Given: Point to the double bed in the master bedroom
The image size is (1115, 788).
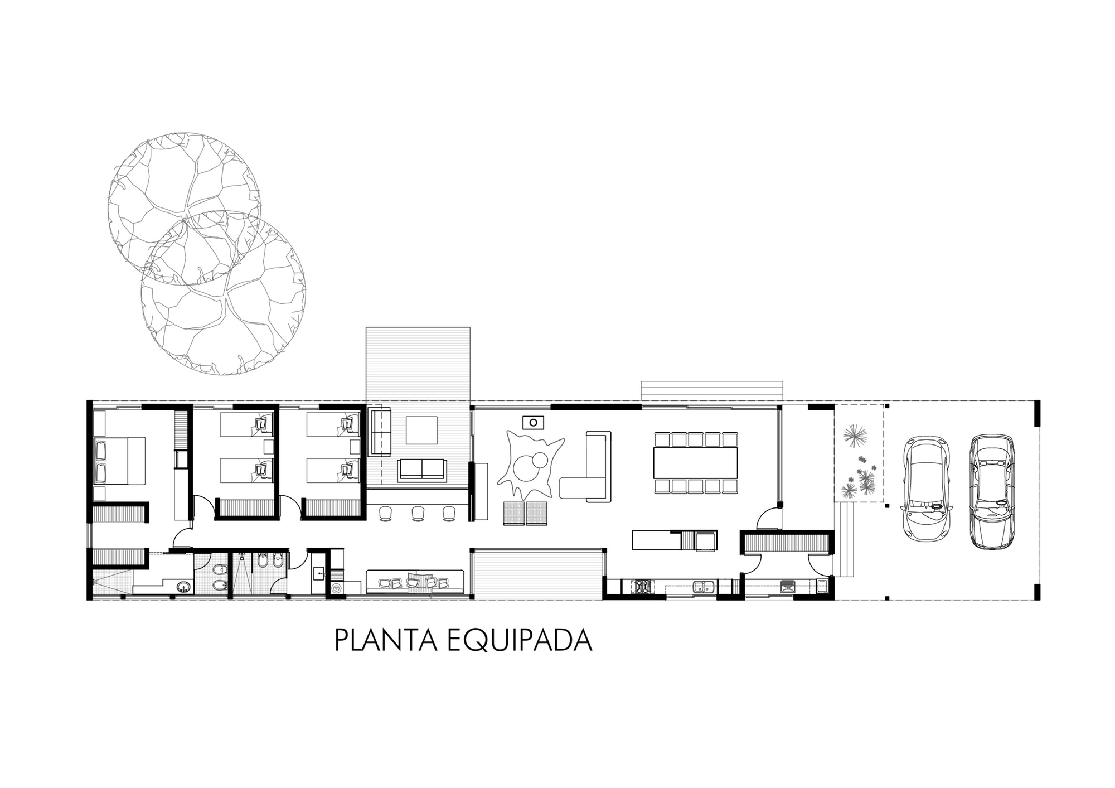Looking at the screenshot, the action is tap(119, 460).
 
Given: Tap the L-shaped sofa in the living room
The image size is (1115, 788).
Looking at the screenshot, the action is tap(587, 467).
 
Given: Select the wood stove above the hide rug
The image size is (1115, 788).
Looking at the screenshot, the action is tap(533, 422).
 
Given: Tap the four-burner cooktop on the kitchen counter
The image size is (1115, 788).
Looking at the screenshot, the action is tap(643, 586).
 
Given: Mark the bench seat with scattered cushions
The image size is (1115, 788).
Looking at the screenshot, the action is tap(415, 582).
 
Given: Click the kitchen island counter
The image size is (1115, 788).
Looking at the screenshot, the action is tap(657, 540).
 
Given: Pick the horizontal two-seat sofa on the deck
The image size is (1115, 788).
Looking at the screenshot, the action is tap(422, 470).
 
